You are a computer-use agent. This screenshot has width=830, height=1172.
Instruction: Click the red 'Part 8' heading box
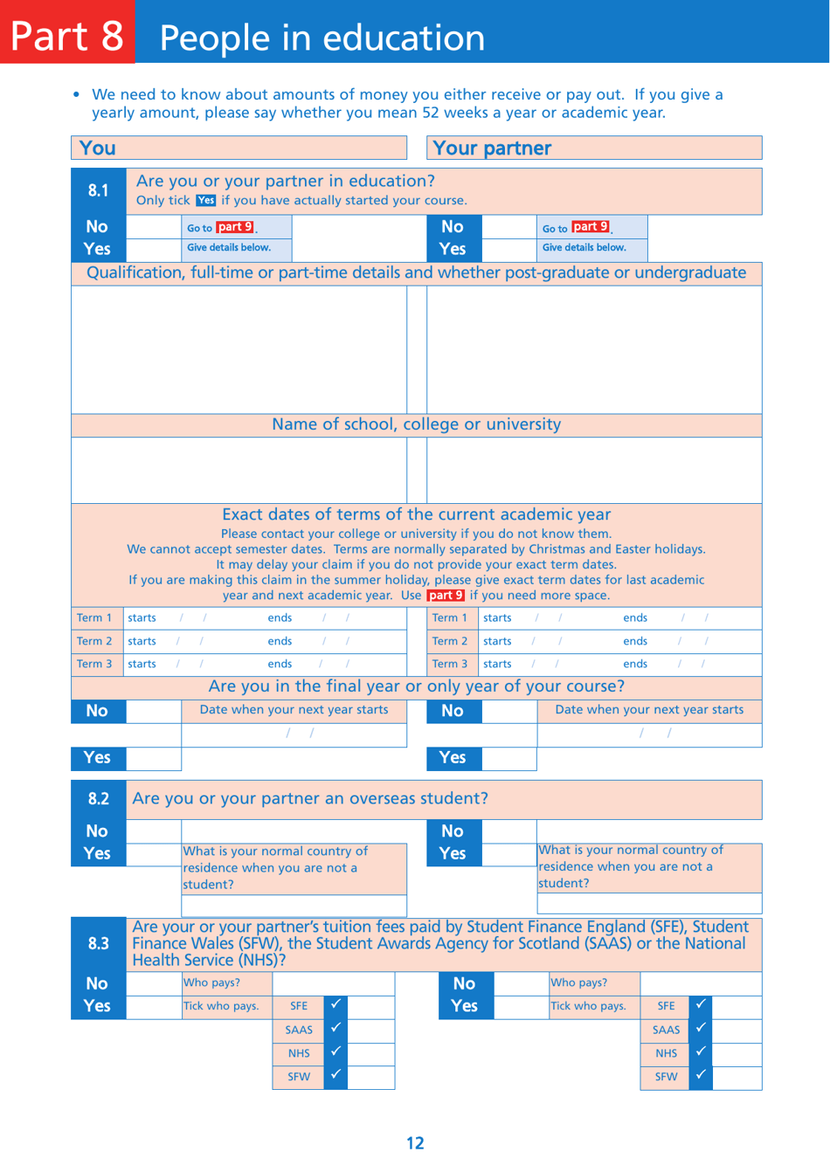click(x=67, y=32)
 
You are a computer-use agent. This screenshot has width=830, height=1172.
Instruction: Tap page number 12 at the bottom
click(x=415, y=1143)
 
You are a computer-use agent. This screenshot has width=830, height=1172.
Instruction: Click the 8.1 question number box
click(x=98, y=190)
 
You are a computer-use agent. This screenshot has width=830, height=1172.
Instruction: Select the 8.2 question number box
click(x=98, y=798)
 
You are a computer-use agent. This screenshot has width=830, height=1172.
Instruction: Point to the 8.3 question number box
click(x=98, y=943)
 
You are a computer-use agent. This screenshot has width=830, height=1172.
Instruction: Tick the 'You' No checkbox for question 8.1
click(x=154, y=227)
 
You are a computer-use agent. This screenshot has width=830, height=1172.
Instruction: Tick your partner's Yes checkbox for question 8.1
click(x=508, y=248)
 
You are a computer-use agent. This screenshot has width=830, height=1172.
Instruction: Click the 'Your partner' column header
click(x=594, y=148)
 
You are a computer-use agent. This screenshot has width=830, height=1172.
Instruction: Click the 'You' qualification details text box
click(x=239, y=348)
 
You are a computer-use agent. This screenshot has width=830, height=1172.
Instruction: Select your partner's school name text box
click(x=594, y=470)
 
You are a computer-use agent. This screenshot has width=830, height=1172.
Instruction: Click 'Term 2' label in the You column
click(x=94, y=641)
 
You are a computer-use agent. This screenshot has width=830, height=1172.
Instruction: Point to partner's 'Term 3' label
click(x=450, y=664)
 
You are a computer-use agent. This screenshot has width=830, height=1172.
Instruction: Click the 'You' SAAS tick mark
click(x=335, y=1029)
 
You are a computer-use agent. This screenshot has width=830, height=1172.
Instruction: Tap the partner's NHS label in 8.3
click(x=666, y=1053)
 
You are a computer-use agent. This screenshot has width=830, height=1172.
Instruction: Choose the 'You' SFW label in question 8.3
click(x=299, y=1077)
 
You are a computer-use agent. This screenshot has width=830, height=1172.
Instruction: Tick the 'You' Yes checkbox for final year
click(x=154, y=758)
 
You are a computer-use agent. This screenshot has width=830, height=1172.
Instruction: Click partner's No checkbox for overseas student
click(x=508, y=831)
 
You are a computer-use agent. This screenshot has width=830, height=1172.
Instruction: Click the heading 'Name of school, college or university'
click(x=416, y=424)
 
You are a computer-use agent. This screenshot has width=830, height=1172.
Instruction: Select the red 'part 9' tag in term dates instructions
click(x=446, y=596)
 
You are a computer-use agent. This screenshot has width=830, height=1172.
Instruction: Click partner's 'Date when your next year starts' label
click(x=649, y=710)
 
